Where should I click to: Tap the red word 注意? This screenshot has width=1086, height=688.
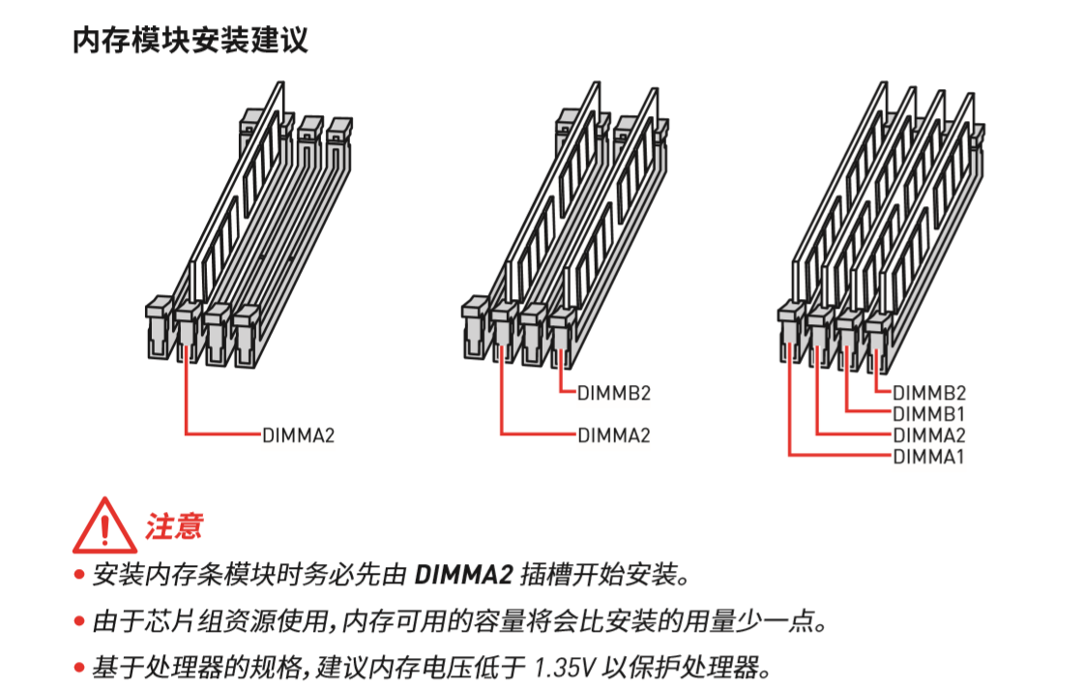point(174,526)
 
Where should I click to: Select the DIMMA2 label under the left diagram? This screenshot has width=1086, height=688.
point(298,434)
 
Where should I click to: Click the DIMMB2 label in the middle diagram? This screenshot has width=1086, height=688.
point(613,393)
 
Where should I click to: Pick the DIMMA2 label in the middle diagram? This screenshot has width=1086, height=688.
point(613,434)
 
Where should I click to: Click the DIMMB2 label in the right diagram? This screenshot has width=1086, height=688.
point(928,393)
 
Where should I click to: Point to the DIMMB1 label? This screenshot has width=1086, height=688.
point(928,413)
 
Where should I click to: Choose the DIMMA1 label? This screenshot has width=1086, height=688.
point(928,456)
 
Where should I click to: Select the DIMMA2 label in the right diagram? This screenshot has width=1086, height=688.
point(928,434)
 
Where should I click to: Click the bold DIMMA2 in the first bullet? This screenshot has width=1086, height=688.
point(462,575)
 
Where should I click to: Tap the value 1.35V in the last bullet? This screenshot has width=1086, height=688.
point(569,668)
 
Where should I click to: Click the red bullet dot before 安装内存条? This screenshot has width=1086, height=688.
point(80,576)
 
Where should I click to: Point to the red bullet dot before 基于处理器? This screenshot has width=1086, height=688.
point(80,669)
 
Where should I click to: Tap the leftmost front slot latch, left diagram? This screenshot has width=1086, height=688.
point(158,319)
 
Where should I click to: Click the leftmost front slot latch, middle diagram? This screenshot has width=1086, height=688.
point(474,319)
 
